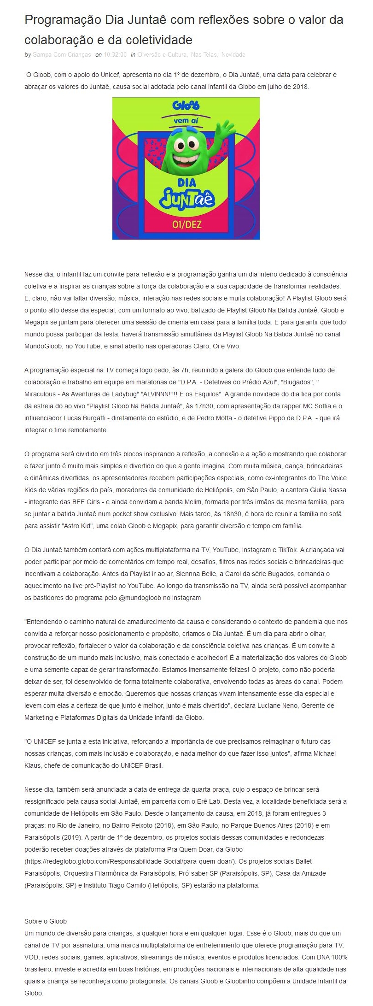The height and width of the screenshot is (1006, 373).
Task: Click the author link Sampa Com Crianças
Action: pos(62,55)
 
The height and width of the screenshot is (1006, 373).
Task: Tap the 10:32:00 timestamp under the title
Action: pos(115,55)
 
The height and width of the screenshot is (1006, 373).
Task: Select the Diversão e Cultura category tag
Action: pos(162,55)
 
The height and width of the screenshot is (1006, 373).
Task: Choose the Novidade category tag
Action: pos(233,55)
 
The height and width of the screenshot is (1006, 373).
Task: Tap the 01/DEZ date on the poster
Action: pos(186,225)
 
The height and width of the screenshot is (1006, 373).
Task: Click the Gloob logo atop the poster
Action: pos(186,106)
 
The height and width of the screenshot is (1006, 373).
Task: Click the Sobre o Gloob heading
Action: pos(46,921)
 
